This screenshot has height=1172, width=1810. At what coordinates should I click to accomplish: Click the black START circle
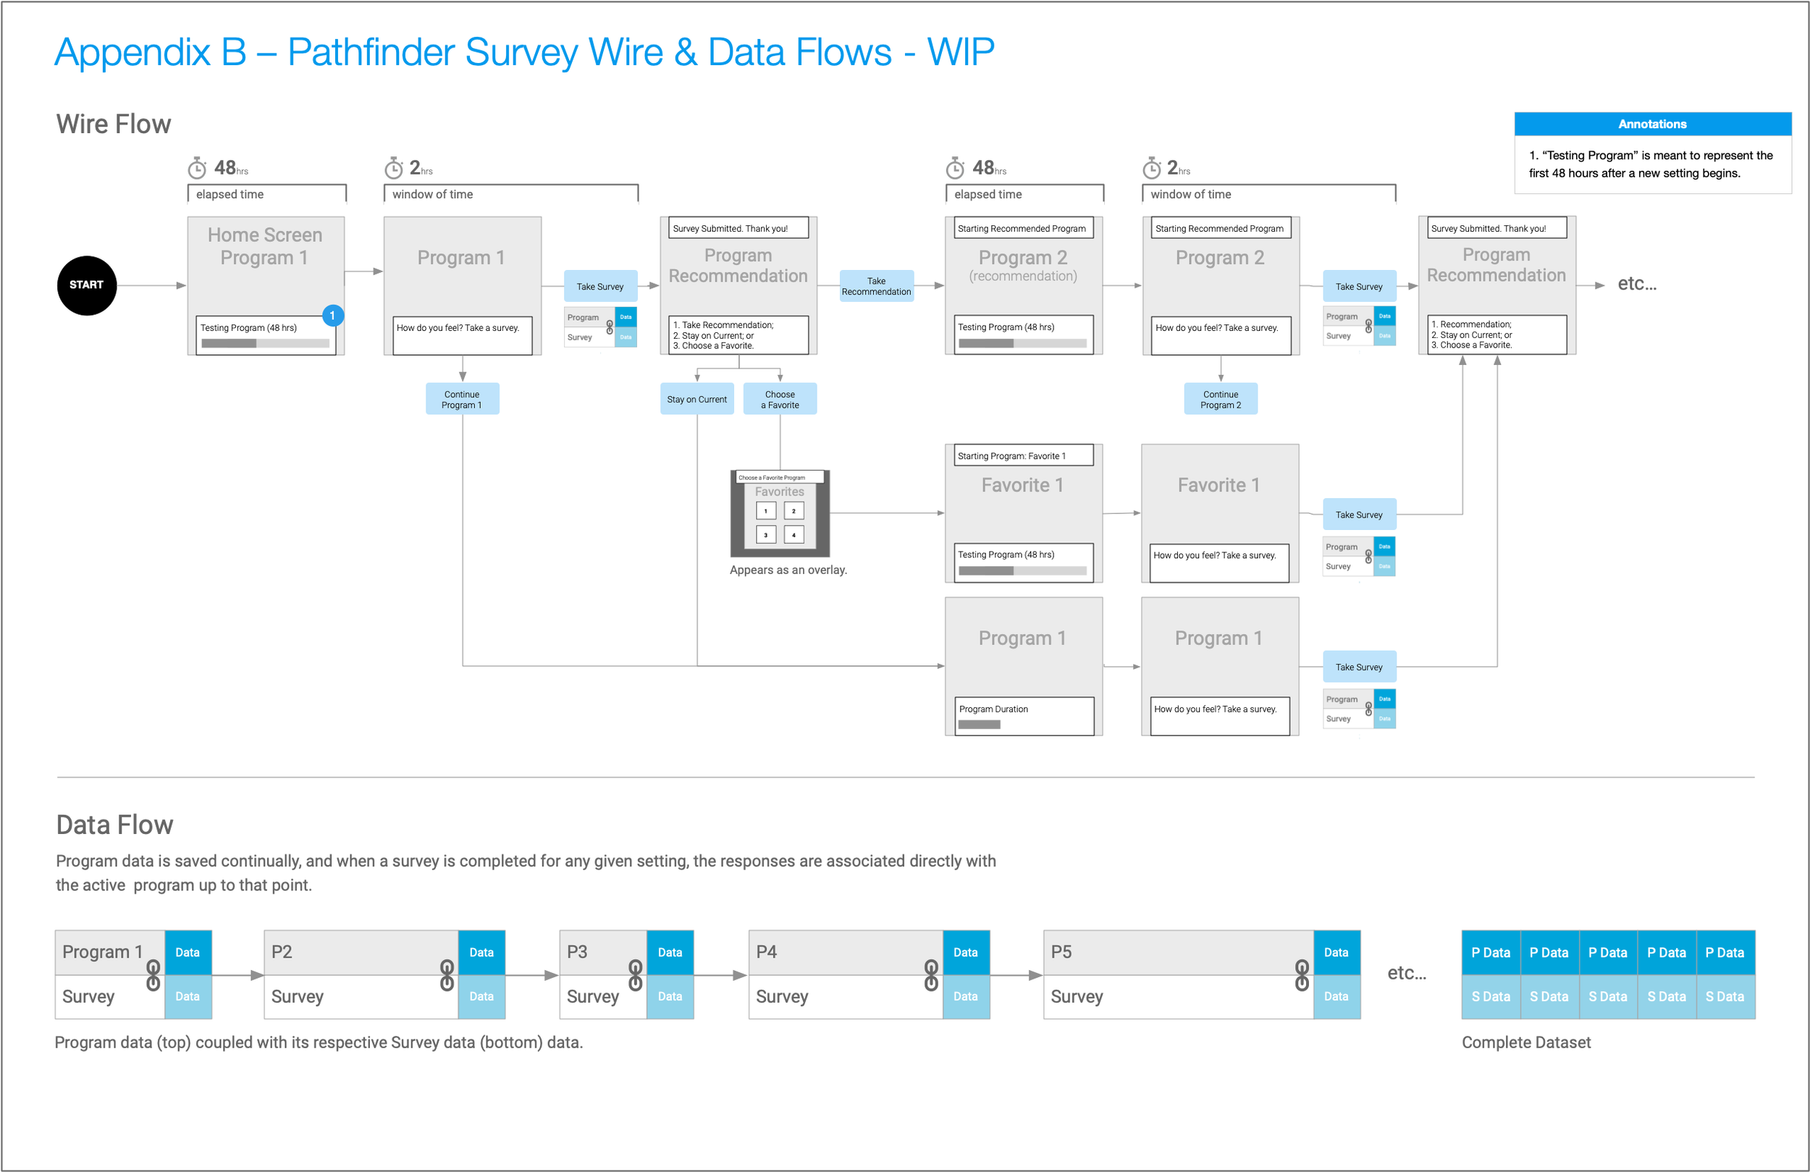(87, 285)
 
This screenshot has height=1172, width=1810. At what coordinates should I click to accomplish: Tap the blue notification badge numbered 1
(332, 315)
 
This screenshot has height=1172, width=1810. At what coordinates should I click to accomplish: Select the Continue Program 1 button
(462, 400)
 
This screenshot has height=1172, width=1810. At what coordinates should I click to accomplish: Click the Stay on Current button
(696, 400)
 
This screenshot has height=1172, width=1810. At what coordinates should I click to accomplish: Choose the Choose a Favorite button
(780, 400)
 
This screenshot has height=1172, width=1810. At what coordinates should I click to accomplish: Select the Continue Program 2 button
(1220, 400)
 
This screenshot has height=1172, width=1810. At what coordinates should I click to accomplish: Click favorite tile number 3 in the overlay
(766, 535)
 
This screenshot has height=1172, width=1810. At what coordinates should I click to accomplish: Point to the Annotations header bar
(1652, 124)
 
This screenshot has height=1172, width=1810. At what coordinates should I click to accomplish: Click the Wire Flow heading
(114, 124)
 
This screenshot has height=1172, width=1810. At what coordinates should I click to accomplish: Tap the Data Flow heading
(115, 825)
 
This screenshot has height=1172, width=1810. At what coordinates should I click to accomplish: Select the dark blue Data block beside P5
(1336, 952)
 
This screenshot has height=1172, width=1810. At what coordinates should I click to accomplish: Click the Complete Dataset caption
(1525, 1042)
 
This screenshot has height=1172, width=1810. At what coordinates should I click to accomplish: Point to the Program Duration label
(993, 709)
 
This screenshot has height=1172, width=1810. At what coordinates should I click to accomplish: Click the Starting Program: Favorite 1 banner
(1023, 455)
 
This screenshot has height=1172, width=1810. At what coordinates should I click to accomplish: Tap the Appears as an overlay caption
(788, 570)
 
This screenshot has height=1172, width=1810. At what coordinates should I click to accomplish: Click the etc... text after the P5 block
(1406, 973)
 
